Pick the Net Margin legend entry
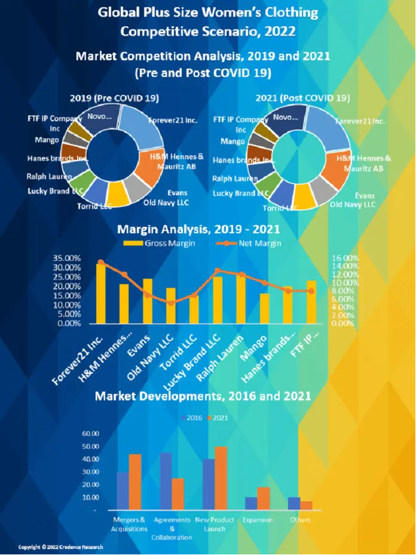coord(250,243)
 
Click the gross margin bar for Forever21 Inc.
coord(101,292)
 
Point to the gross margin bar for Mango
coord(265,308)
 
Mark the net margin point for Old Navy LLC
coord(171,303)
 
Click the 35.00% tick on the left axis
coord(68,258)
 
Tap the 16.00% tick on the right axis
coord(344,258)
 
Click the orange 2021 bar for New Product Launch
coord(221,478)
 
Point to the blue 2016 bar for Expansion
coord(251,503)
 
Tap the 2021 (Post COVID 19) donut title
coord(302,98)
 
